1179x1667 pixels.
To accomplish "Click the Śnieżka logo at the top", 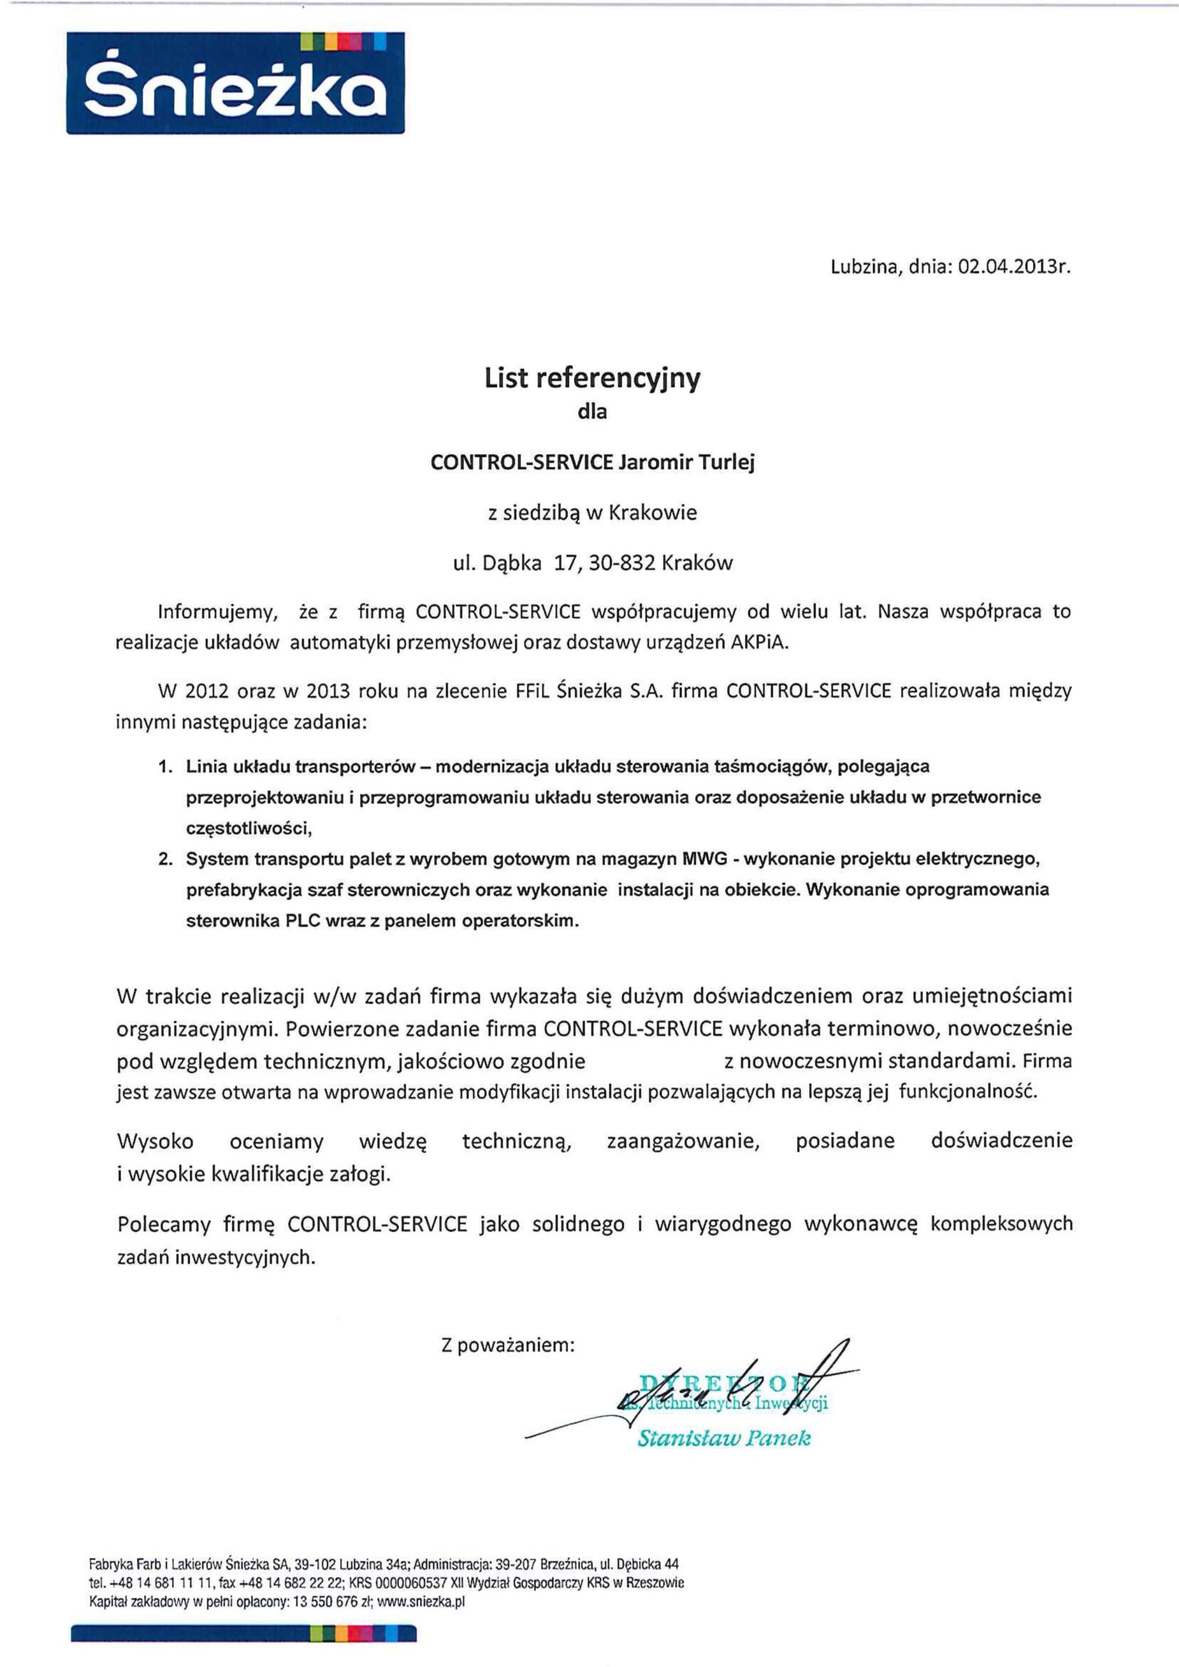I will (x=236, y=83).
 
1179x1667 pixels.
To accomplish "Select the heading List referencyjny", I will (x=592, y=378).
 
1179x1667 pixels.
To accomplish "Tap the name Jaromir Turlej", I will (x=686, y=463).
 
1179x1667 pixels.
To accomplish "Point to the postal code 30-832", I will (x=620, y=563).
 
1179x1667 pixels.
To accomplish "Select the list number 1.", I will (x=165, y=766).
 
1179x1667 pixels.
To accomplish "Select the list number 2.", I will (x=165, y=860).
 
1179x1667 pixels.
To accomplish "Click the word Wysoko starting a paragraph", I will (x=156, y=1142).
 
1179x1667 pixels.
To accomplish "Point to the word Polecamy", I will (x=163, y=1225).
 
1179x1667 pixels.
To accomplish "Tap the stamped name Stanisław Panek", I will (x=723, y=1438).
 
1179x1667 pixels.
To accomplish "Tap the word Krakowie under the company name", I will (x=652, y=512).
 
